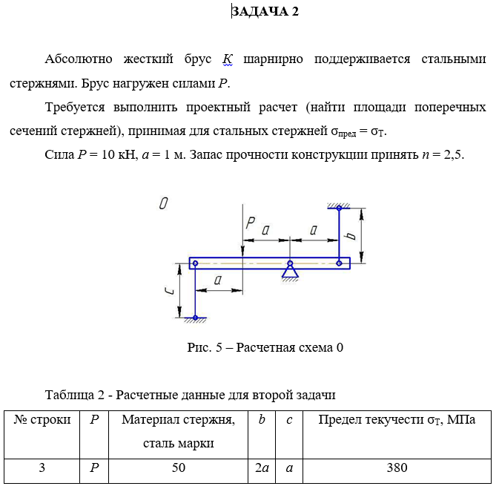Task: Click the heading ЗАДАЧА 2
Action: (x=265, y=11)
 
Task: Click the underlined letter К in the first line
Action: (x=228, y=59)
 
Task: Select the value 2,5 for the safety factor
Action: (x=449, y=154)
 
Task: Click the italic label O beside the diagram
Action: (x=162, y=203)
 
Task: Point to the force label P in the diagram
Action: (x=251, y=223)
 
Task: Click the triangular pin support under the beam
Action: (x=290, y=272)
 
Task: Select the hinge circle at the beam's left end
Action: (x=195, y=263)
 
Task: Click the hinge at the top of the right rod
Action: (x=339, y=209)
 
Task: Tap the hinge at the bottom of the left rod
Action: (x=195, y=317)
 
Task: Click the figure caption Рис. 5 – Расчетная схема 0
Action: (x=265, y=347)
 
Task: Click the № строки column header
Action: (x=42, y=420)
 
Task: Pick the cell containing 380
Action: (x=397, y=468)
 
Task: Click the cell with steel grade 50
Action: (x=178, y=468)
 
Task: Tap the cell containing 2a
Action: (x=261, y=468)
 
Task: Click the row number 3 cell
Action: (x=42, y=468)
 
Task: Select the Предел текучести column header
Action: (x=397, y=420)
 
